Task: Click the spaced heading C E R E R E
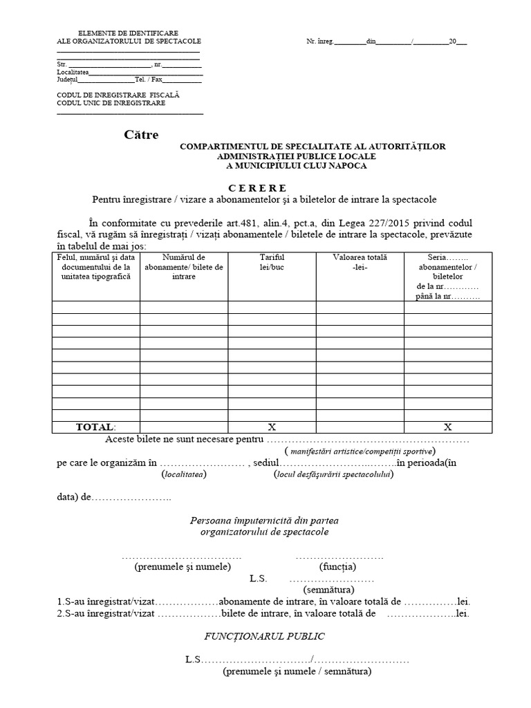[257, 188]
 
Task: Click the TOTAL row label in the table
[96, 427]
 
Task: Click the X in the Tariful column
[272, 427]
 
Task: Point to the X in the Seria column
[447, 427]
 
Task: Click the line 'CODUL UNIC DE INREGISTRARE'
[111, 103]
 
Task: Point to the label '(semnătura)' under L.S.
[328, 590]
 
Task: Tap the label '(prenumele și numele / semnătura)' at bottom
[297, 671]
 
